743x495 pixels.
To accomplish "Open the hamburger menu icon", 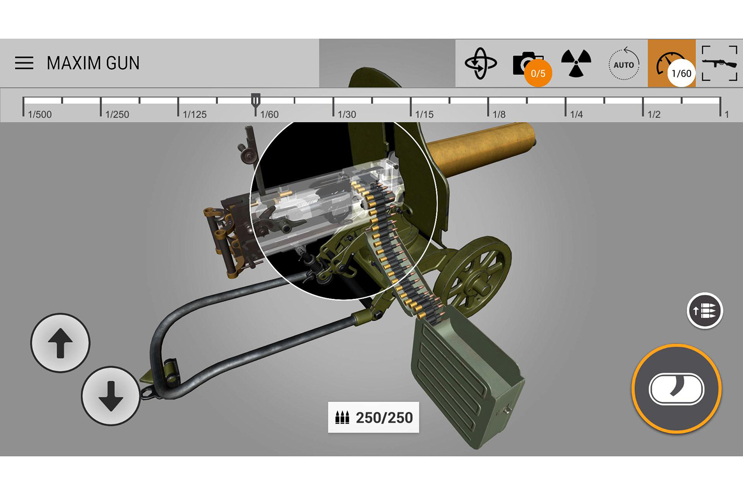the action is [x=24, y=63].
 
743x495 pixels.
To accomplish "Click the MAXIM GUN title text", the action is [x=93, y=63].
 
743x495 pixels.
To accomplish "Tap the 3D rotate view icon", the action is [x=480, y=63].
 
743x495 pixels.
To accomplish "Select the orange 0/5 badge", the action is [x=538, y=73].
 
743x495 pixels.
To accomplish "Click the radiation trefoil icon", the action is [x=576, y=63].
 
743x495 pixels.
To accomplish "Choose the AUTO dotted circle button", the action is [x=624, y=64].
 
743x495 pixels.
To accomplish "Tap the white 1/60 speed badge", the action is [x=681, y=73].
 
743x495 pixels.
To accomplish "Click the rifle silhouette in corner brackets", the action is [x=719, y=63].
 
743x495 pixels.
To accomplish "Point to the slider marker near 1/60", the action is [x=256, y=103].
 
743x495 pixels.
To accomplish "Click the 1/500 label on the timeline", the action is [x=40, y=115].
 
